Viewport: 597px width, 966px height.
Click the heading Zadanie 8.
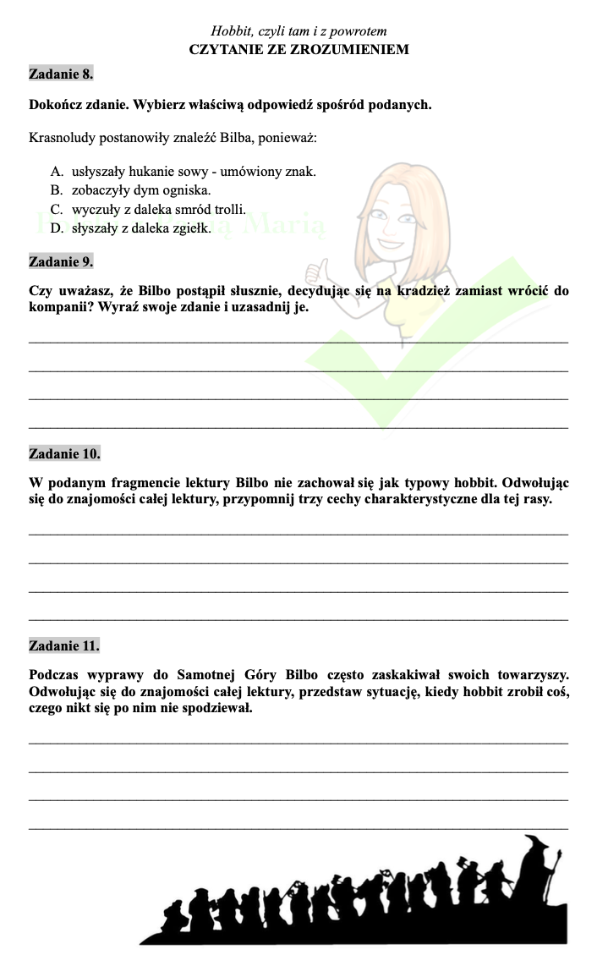[x=61, y=74]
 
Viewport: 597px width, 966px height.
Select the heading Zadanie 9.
[x=61, y=261]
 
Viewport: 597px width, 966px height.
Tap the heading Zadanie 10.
[x=64, y=453]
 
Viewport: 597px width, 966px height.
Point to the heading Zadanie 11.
[x=63, y=645]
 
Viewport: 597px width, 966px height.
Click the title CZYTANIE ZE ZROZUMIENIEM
[x=299, y=49]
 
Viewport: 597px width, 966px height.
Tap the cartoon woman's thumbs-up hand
[x=318, y=270]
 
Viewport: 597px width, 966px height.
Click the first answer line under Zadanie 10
[x=298, y=533]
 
